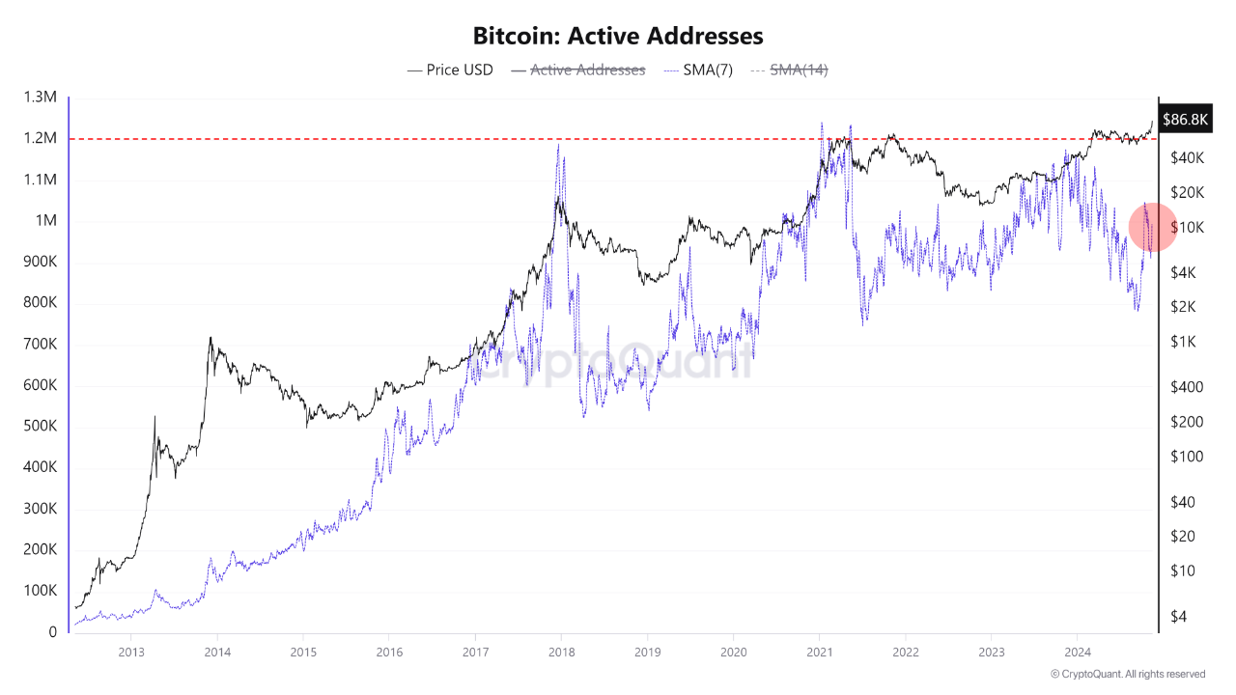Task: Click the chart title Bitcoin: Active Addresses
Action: [x=618, y=36]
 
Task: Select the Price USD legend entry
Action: [x=450, y=69]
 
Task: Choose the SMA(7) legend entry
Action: [x=699, y=69]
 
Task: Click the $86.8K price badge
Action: [x=1184, y=120]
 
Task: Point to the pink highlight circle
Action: [x=1152, y=226]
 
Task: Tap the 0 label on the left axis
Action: [x=53, y=632]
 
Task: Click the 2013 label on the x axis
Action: [x=131, y=653]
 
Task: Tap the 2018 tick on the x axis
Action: [x=561, y=653]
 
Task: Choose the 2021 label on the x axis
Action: [x=819, y=653]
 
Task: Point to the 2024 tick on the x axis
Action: [x=1077, y=653]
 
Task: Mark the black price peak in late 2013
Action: [x=210, y=338]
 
